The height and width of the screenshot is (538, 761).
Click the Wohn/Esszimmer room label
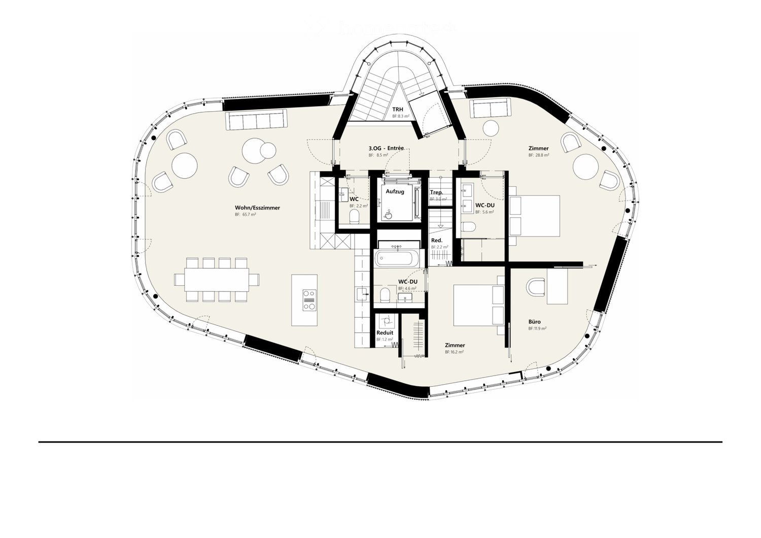tap(257, 208)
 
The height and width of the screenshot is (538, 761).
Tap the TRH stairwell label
tap(398, 109)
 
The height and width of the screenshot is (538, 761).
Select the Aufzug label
tap(395, 191)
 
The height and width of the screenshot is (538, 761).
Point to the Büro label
tap(534, 322)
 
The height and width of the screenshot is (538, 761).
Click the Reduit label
tap(385, 333)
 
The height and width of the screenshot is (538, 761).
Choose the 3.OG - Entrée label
tap(386, 148)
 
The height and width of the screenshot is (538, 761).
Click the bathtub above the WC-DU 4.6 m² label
tap(397, 258)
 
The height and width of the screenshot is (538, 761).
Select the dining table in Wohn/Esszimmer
tap(216, 280)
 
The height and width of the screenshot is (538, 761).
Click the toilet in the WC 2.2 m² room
tap(355, 217)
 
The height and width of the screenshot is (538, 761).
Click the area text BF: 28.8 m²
tap(538, 155)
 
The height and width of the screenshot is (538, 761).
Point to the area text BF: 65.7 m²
tap(245, 215)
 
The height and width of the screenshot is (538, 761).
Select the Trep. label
tap(436, 192)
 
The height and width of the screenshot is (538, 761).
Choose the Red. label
tap(436, 240)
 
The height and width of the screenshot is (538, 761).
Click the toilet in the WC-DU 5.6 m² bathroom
tap(469, 226)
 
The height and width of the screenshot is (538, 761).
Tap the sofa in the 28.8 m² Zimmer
tap(490, 108)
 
